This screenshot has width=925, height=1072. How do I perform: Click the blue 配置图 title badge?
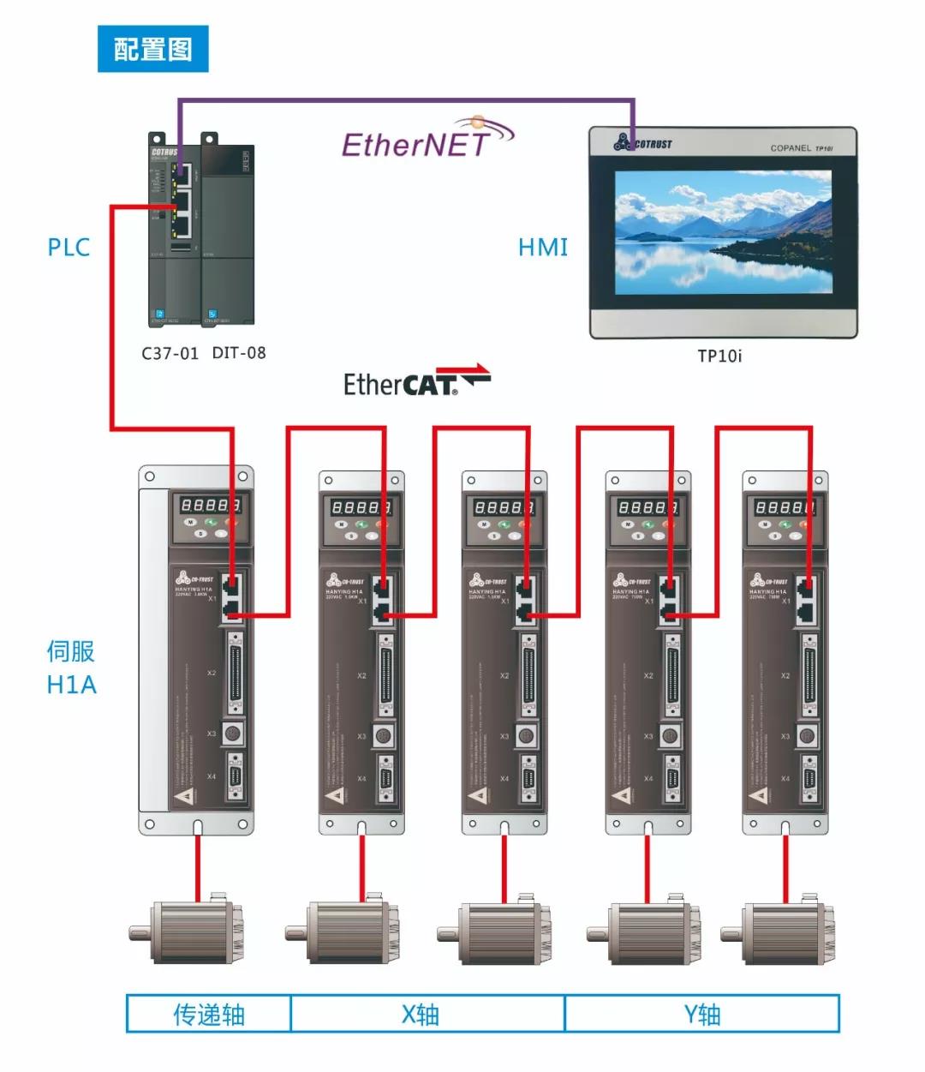coord(152,49)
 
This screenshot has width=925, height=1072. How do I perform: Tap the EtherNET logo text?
coord(417,144)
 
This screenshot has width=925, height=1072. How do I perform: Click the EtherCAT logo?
coord(416,382)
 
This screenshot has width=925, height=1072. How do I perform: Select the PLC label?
coord(69,248)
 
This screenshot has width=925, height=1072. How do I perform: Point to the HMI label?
coord(543,248)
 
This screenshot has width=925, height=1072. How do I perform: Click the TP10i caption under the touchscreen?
coord(719,356)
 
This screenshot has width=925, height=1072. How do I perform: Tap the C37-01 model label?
coord(170,353)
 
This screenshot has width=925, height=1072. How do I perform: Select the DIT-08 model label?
coord(239,353)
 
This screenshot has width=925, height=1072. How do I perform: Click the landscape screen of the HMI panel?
coord(723,232)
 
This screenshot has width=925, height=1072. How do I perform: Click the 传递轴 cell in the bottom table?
coord(209,1015)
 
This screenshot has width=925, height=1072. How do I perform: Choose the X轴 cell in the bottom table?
coord(421,1015)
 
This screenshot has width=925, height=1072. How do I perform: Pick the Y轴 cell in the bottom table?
coord(702,1015)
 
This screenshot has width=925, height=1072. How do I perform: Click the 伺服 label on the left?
coord(70,651)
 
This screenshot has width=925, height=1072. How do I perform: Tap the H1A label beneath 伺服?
coord(71,685)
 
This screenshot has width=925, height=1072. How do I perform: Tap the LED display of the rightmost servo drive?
coord(784,507)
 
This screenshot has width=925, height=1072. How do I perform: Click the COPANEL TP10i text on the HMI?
coord(801,148)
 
